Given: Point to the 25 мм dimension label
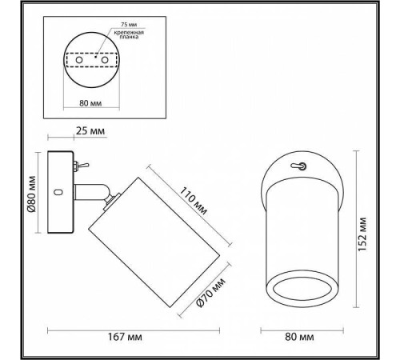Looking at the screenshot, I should click(93, 130).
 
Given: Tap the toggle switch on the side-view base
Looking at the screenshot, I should click(79, 166).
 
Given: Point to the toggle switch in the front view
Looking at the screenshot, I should click(300, 166).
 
